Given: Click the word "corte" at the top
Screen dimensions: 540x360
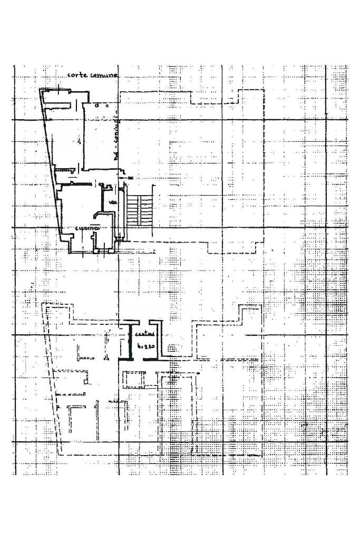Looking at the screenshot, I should (77, 75).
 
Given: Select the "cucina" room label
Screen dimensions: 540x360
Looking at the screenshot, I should (87, 228).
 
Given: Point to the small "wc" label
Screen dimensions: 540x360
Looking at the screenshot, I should (112, 202).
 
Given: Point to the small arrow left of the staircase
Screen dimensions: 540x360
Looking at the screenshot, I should (127, 180).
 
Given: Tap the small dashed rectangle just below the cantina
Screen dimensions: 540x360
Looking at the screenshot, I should (133, 379).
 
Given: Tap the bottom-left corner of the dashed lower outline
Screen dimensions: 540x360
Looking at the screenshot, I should (62, 454).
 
